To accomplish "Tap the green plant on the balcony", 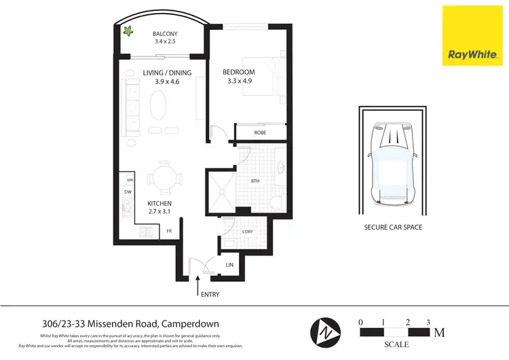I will pyautogui.click(x=127, y=30).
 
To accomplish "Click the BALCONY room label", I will pyautogui.click(x=164, y=34).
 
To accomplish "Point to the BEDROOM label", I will pyautogui.click(x=239, y=73).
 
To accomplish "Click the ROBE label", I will pyautogui.click(x=260, y=133).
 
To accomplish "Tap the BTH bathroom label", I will pyautogui.click(x=255, y=181).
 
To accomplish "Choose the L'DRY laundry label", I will pyautogui.click(x=248, y=233).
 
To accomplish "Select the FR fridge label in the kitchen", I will pyautogui.click(x=170, y=232).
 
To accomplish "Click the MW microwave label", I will pyautogui.click(x=129, y=179).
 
